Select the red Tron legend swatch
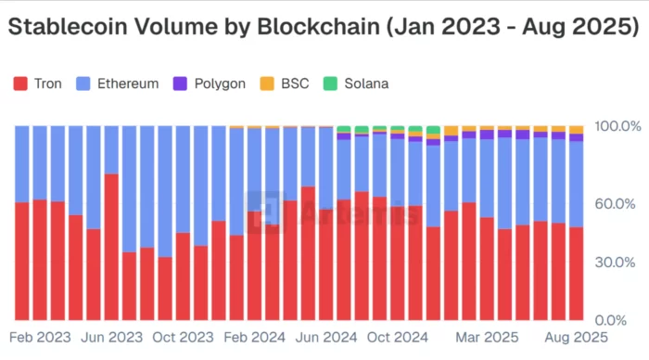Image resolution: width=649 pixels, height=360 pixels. (20, 84)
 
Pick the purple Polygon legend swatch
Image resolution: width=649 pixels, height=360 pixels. (179, 84)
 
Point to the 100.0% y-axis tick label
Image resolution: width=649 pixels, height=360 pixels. (616, 125)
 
